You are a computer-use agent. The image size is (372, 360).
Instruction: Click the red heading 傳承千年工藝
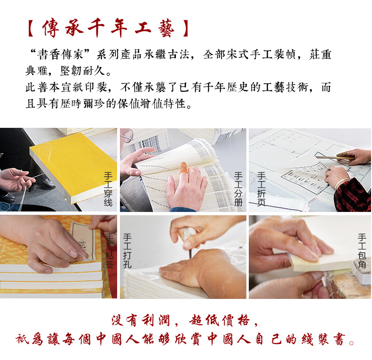point(109,29)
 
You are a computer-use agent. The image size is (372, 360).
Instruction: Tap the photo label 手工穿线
point(108,189)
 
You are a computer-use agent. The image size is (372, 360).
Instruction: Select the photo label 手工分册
point(238,189)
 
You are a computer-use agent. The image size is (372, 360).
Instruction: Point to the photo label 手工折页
point(261,189)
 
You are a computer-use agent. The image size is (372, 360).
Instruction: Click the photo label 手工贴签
point(110,250)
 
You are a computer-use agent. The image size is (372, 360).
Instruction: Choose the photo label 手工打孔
point(127,250)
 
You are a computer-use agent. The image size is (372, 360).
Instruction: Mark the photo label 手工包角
point(362,250)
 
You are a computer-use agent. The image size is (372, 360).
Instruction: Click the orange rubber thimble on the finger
point(183,168)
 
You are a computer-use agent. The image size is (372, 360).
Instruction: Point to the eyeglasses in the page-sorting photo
point(127,136)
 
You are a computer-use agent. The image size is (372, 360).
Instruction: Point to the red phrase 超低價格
point(220,320)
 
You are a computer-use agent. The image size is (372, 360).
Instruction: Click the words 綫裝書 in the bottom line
point(323,339)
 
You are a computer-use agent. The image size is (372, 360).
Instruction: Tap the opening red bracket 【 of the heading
point(31,29)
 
